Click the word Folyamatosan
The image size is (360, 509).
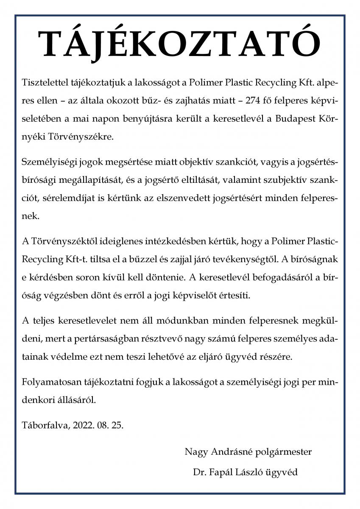click(49, 381)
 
